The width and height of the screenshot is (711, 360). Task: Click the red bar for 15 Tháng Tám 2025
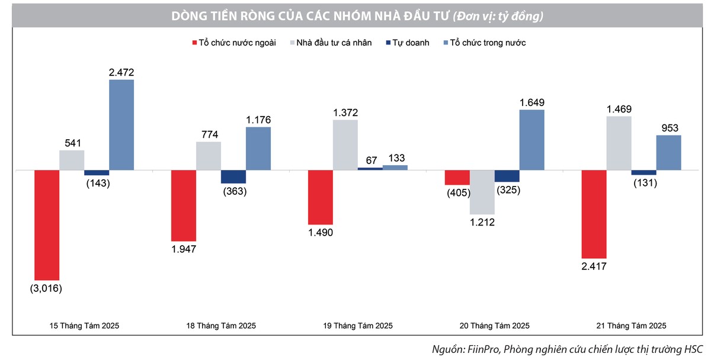click(47, 224)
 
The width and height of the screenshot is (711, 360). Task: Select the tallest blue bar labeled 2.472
click(121, 124)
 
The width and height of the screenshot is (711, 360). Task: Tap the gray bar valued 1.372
click(345, 144)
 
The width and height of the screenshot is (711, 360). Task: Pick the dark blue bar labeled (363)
click(233, 176)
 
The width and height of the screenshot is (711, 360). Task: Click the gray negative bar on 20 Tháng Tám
click(482, 192)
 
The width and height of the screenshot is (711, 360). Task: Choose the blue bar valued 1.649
click(531, 140)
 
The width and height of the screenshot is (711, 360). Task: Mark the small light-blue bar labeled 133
click(395, 168)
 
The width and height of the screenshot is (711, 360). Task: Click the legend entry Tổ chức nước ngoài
click(233, 43)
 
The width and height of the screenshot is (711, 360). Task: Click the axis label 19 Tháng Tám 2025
click(358, 326)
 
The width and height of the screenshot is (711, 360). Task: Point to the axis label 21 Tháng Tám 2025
click(632, 326)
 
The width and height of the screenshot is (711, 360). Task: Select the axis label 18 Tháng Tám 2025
click(221, 326)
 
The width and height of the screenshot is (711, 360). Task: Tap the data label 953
click(670, 127)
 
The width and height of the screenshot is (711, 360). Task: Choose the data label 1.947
click(183, 249)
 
